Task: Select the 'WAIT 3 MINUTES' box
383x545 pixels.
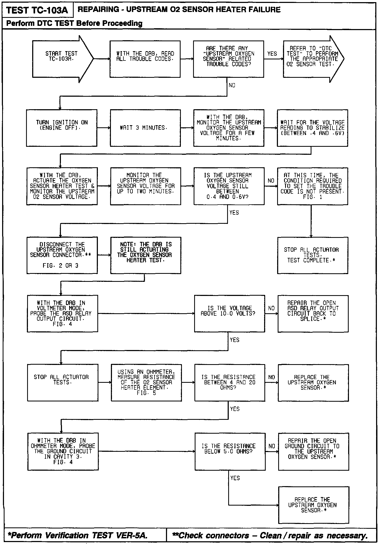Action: coord(145,128)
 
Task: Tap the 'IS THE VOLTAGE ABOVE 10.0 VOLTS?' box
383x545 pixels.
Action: coord(229,314)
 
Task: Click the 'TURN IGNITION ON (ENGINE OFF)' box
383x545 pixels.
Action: coord(61,128)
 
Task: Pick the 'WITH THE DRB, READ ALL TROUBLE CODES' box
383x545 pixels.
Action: coord(145,59)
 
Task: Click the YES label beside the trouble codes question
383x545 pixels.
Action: coord(272,54)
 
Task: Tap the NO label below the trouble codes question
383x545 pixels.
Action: coord(232,86)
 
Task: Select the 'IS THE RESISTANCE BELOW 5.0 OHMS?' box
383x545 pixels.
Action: coord(230,452)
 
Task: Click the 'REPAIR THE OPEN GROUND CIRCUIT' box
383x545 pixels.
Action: coord(313,452)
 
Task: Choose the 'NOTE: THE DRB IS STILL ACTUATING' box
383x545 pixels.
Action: coord(146,255)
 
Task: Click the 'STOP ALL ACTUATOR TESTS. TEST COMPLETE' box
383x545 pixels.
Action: coord(313,255)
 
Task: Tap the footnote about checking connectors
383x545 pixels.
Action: coord(270,535)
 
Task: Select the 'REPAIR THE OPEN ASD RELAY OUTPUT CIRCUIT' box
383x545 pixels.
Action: coord(313,314)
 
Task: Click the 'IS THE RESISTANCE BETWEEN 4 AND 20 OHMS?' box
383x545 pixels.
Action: coord(230,383)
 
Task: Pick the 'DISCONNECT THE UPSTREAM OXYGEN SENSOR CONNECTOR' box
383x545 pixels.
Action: coord(62,255)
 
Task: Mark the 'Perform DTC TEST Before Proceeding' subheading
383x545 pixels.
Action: coord(74,23)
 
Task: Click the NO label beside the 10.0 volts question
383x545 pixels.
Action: coord(271,308)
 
